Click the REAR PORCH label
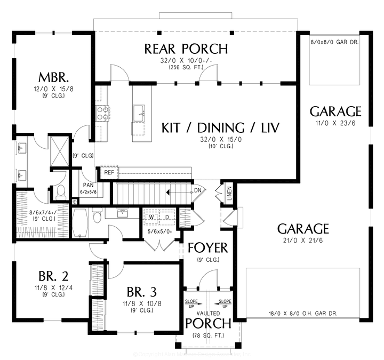tap(186, 49)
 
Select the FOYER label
tap(207, 248)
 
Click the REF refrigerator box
tap(108, 172)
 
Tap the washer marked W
tap(151, 218)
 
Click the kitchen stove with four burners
tap(102, 112)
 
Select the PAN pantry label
tap(88, 185)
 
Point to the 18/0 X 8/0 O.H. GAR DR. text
tap(302, 314)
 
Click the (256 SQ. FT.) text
tap(186, 68)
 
